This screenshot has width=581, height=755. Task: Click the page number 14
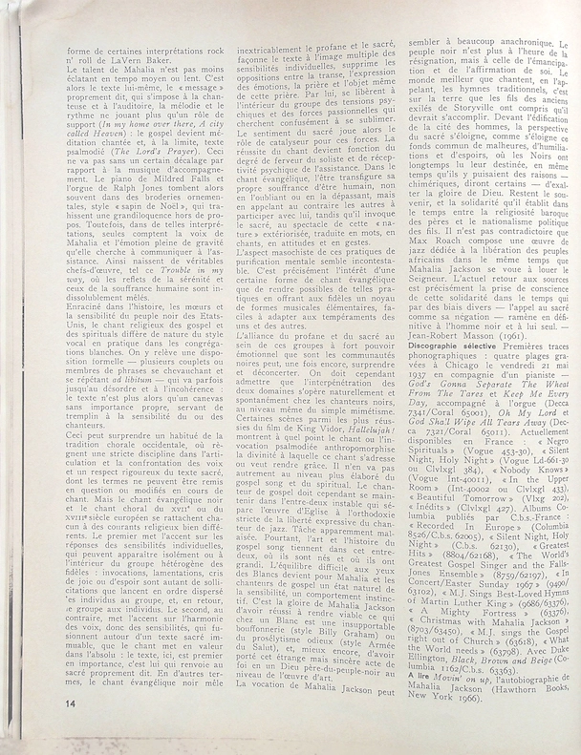tap(17, 729)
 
